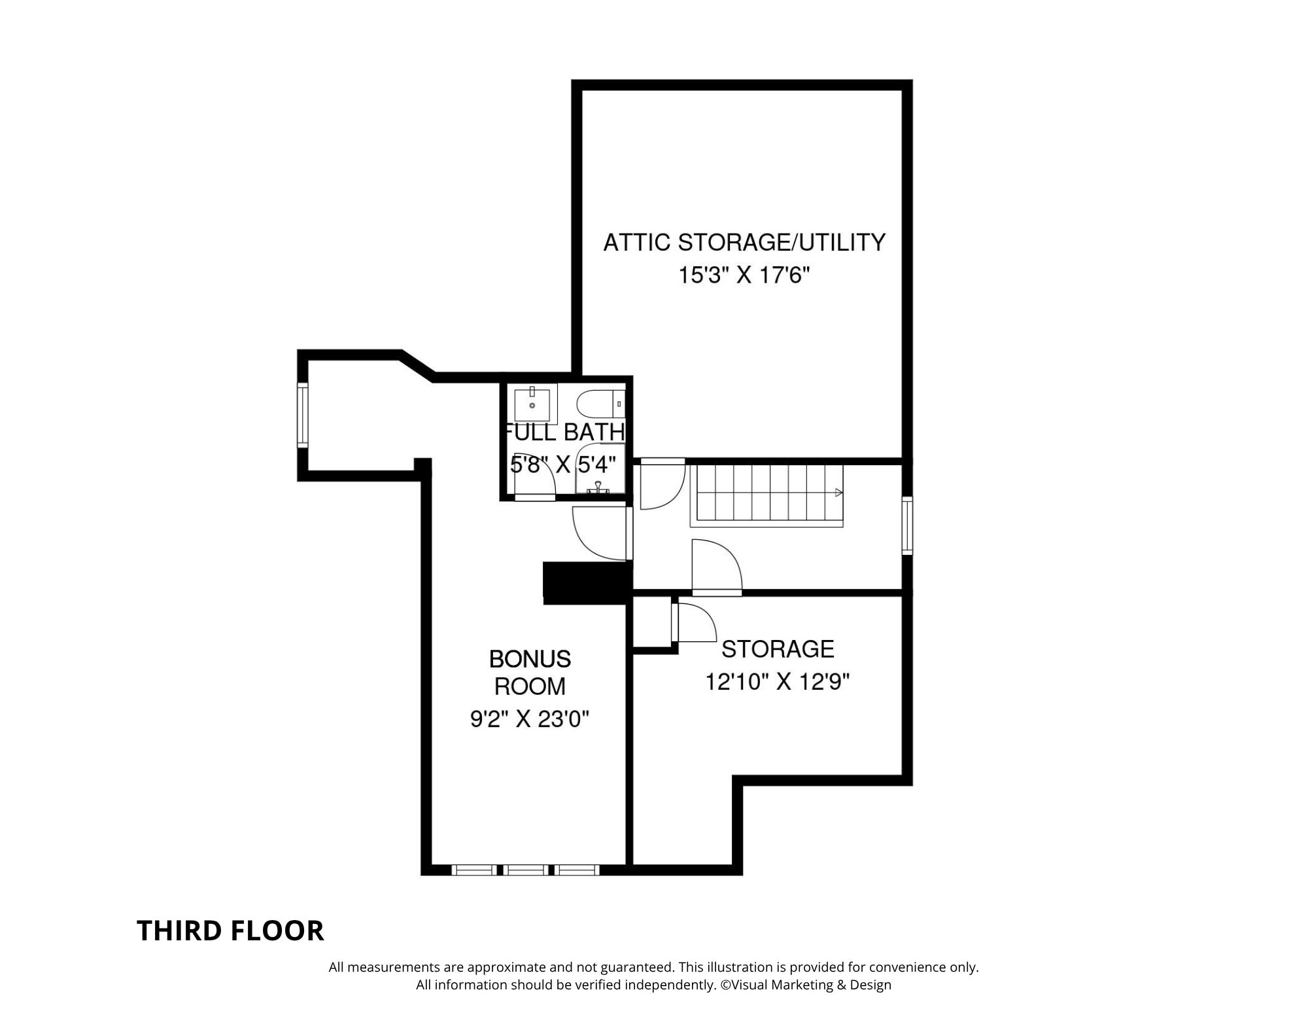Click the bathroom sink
tap(535, 404)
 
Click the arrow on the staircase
tap(839, 493)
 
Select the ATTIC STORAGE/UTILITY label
tap(744, 242)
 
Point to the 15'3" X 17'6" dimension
tap(744, 275)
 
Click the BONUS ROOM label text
tap(530, 673)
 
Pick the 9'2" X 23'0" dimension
tap(530, 720)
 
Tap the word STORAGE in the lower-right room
tap(778, 649)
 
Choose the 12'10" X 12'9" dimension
tap(777, 683)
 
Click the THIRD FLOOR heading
tap(230, 931)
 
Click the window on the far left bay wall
tap(303, 416)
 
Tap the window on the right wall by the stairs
tap(907, 525)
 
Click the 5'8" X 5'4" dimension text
tap(563, 465)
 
